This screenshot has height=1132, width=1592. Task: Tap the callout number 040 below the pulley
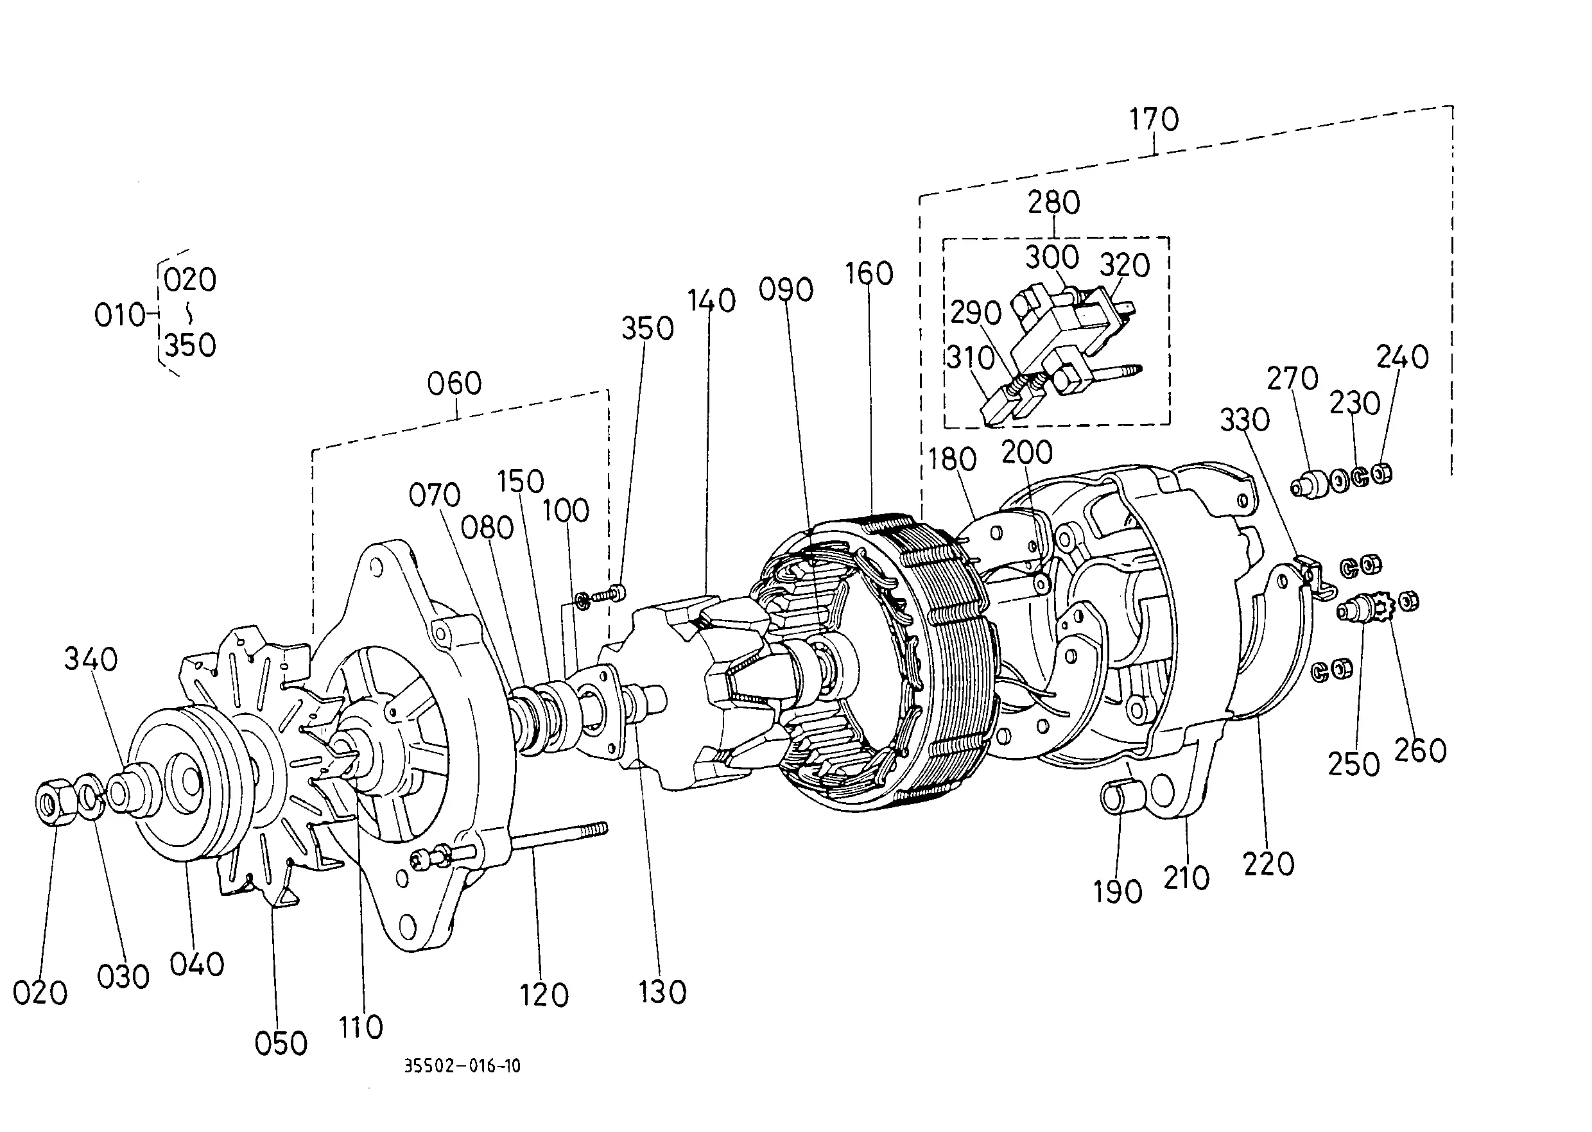(197, 965)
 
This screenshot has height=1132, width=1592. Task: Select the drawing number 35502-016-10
(462, 1066)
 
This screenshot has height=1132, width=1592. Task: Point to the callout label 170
(1154, 119)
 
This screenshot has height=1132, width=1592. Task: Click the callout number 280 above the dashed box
(1053, 202)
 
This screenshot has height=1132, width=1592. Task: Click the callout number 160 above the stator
(869, 273)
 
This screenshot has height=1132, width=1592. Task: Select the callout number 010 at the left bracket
(119, 315)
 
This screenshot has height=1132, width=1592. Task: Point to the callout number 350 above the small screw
(648, 329)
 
